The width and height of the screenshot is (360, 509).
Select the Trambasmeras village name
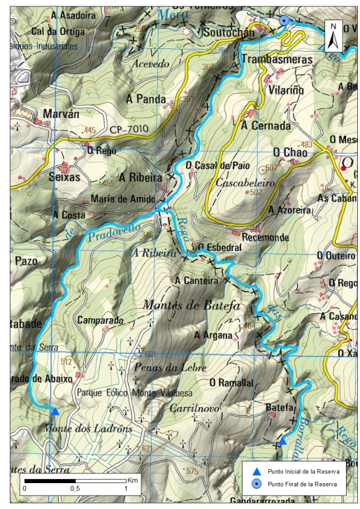click(278, 60)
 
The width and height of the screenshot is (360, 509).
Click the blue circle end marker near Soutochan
click(284, 21)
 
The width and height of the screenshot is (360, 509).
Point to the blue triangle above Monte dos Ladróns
click(55, 410)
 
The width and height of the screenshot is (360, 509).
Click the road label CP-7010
click(129, 130)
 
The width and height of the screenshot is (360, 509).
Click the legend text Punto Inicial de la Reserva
click(303, 472)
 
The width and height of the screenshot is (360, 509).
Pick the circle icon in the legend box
click(257, 484)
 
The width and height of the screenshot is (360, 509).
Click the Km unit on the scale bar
click(133, 480)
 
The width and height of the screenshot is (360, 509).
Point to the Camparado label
click(101, 320)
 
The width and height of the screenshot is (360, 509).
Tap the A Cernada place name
click(265, 127)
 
